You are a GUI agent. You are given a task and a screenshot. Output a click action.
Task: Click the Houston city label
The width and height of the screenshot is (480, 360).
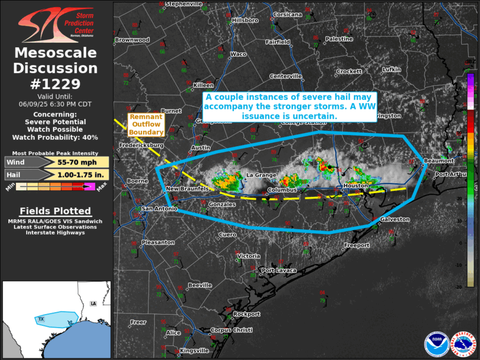[356, 186]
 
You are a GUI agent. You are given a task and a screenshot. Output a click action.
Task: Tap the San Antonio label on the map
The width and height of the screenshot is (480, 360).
[158, 209]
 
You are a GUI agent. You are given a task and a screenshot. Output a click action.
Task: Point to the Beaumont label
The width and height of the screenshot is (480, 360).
[439, 161]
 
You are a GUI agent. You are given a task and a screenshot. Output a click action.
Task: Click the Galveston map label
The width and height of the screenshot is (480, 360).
[395, 219]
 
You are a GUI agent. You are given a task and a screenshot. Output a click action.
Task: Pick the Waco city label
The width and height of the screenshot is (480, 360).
[237, 54]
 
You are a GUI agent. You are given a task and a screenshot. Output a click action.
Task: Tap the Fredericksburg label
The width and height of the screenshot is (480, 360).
[141, 145]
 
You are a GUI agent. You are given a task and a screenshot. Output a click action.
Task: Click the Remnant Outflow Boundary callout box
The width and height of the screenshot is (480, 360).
[146, 124]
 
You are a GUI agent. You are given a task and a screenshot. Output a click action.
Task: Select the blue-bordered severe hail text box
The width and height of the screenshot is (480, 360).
[289, 107]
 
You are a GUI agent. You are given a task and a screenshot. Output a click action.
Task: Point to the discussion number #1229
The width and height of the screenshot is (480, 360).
[55, 84]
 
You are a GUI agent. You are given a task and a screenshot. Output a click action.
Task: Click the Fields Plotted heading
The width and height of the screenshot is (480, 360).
[55, 211]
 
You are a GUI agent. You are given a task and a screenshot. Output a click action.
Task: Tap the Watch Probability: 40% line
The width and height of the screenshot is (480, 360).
[55, 137]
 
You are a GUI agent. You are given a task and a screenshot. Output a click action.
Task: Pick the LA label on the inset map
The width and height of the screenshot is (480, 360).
[92, 303]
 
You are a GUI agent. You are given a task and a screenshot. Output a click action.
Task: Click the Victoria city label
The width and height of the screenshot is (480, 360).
[249, 256]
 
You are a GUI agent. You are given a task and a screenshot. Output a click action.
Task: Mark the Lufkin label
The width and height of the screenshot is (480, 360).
[391, 70]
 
